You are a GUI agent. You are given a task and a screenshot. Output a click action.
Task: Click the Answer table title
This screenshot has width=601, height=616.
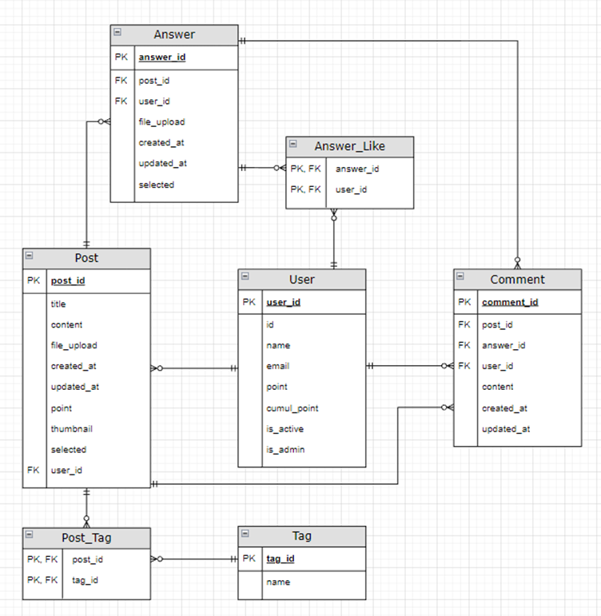(x=174, y=34)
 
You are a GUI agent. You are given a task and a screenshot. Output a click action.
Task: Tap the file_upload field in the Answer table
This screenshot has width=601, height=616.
(x=161, y=122)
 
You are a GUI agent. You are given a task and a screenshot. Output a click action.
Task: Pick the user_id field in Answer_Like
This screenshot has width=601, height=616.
(x=351, y=190)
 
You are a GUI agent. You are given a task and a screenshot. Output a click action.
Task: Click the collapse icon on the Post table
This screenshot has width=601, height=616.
(x=30, y=256)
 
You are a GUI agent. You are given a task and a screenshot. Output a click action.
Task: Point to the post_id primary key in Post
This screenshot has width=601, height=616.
(x=68, y=281)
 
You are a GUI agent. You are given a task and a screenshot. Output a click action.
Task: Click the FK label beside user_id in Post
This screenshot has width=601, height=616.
(x=33, y=471)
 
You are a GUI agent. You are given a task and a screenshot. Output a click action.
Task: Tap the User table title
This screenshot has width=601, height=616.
(x=301, y=279)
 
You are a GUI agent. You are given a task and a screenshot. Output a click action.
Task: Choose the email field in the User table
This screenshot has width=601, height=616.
(x=278, y=367)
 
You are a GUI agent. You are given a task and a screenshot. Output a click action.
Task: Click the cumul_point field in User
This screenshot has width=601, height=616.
(x=292, y=408)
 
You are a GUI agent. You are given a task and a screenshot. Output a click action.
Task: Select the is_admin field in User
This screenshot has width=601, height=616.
(x=285, y=450)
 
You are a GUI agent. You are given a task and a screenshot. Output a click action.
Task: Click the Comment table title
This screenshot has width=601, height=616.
(x=517, y=279)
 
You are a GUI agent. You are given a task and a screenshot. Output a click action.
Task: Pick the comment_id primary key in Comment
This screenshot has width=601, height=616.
(x=509, y=302)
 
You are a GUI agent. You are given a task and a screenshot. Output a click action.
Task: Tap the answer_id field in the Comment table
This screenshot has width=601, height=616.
(x=503, y=346)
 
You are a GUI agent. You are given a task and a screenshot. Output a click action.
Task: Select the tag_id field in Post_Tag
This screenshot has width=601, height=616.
(x=86, y=581)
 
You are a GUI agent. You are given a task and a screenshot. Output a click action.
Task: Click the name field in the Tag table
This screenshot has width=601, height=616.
(x=278, y=582)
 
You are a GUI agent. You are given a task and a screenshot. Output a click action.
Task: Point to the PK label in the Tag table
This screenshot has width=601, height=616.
(x=249, y=559)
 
